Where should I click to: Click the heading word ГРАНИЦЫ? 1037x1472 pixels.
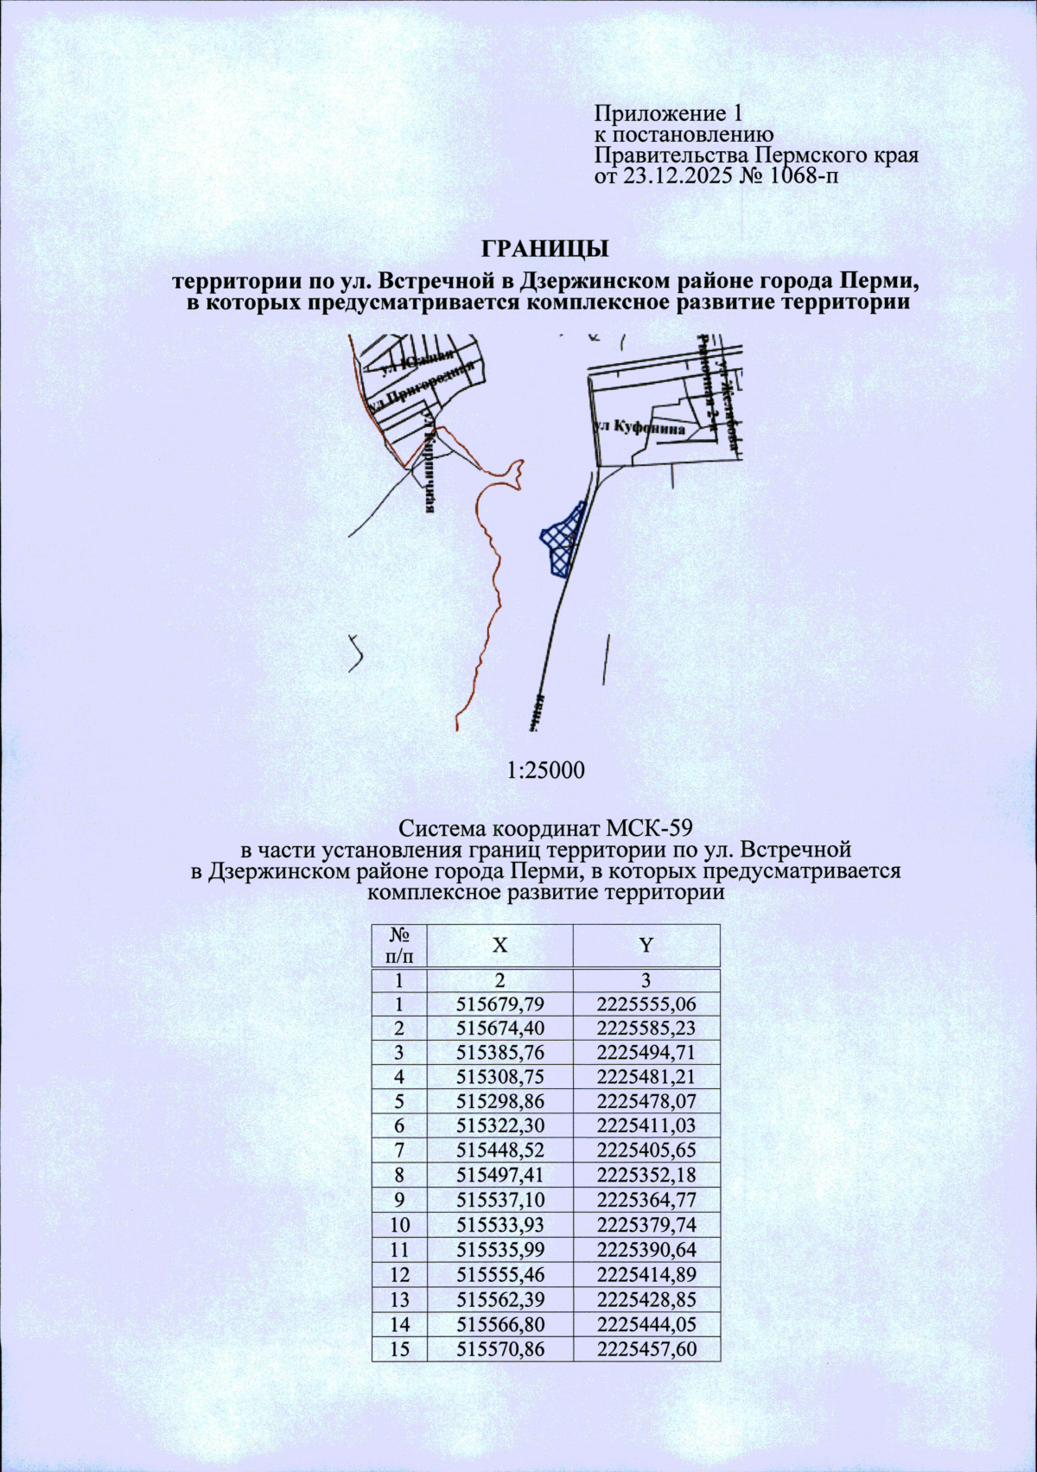544,249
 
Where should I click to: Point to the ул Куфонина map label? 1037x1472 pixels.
640,428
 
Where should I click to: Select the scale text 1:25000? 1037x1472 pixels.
545,769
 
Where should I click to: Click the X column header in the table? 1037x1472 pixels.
499,945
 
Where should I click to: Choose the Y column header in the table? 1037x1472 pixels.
646,945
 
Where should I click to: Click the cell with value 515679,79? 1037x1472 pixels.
499,1004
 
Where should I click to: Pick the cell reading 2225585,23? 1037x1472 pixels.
646,1029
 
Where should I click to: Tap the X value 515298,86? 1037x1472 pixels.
499,1101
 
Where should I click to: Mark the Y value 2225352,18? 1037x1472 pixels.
646,1175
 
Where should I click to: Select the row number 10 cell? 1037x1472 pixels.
399,1224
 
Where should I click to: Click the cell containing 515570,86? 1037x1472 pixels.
499,1348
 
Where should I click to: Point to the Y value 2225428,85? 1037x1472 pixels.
646,1299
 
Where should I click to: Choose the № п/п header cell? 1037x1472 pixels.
399,945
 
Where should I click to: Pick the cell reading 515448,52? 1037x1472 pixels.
499,1150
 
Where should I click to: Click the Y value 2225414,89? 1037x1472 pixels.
646,1274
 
